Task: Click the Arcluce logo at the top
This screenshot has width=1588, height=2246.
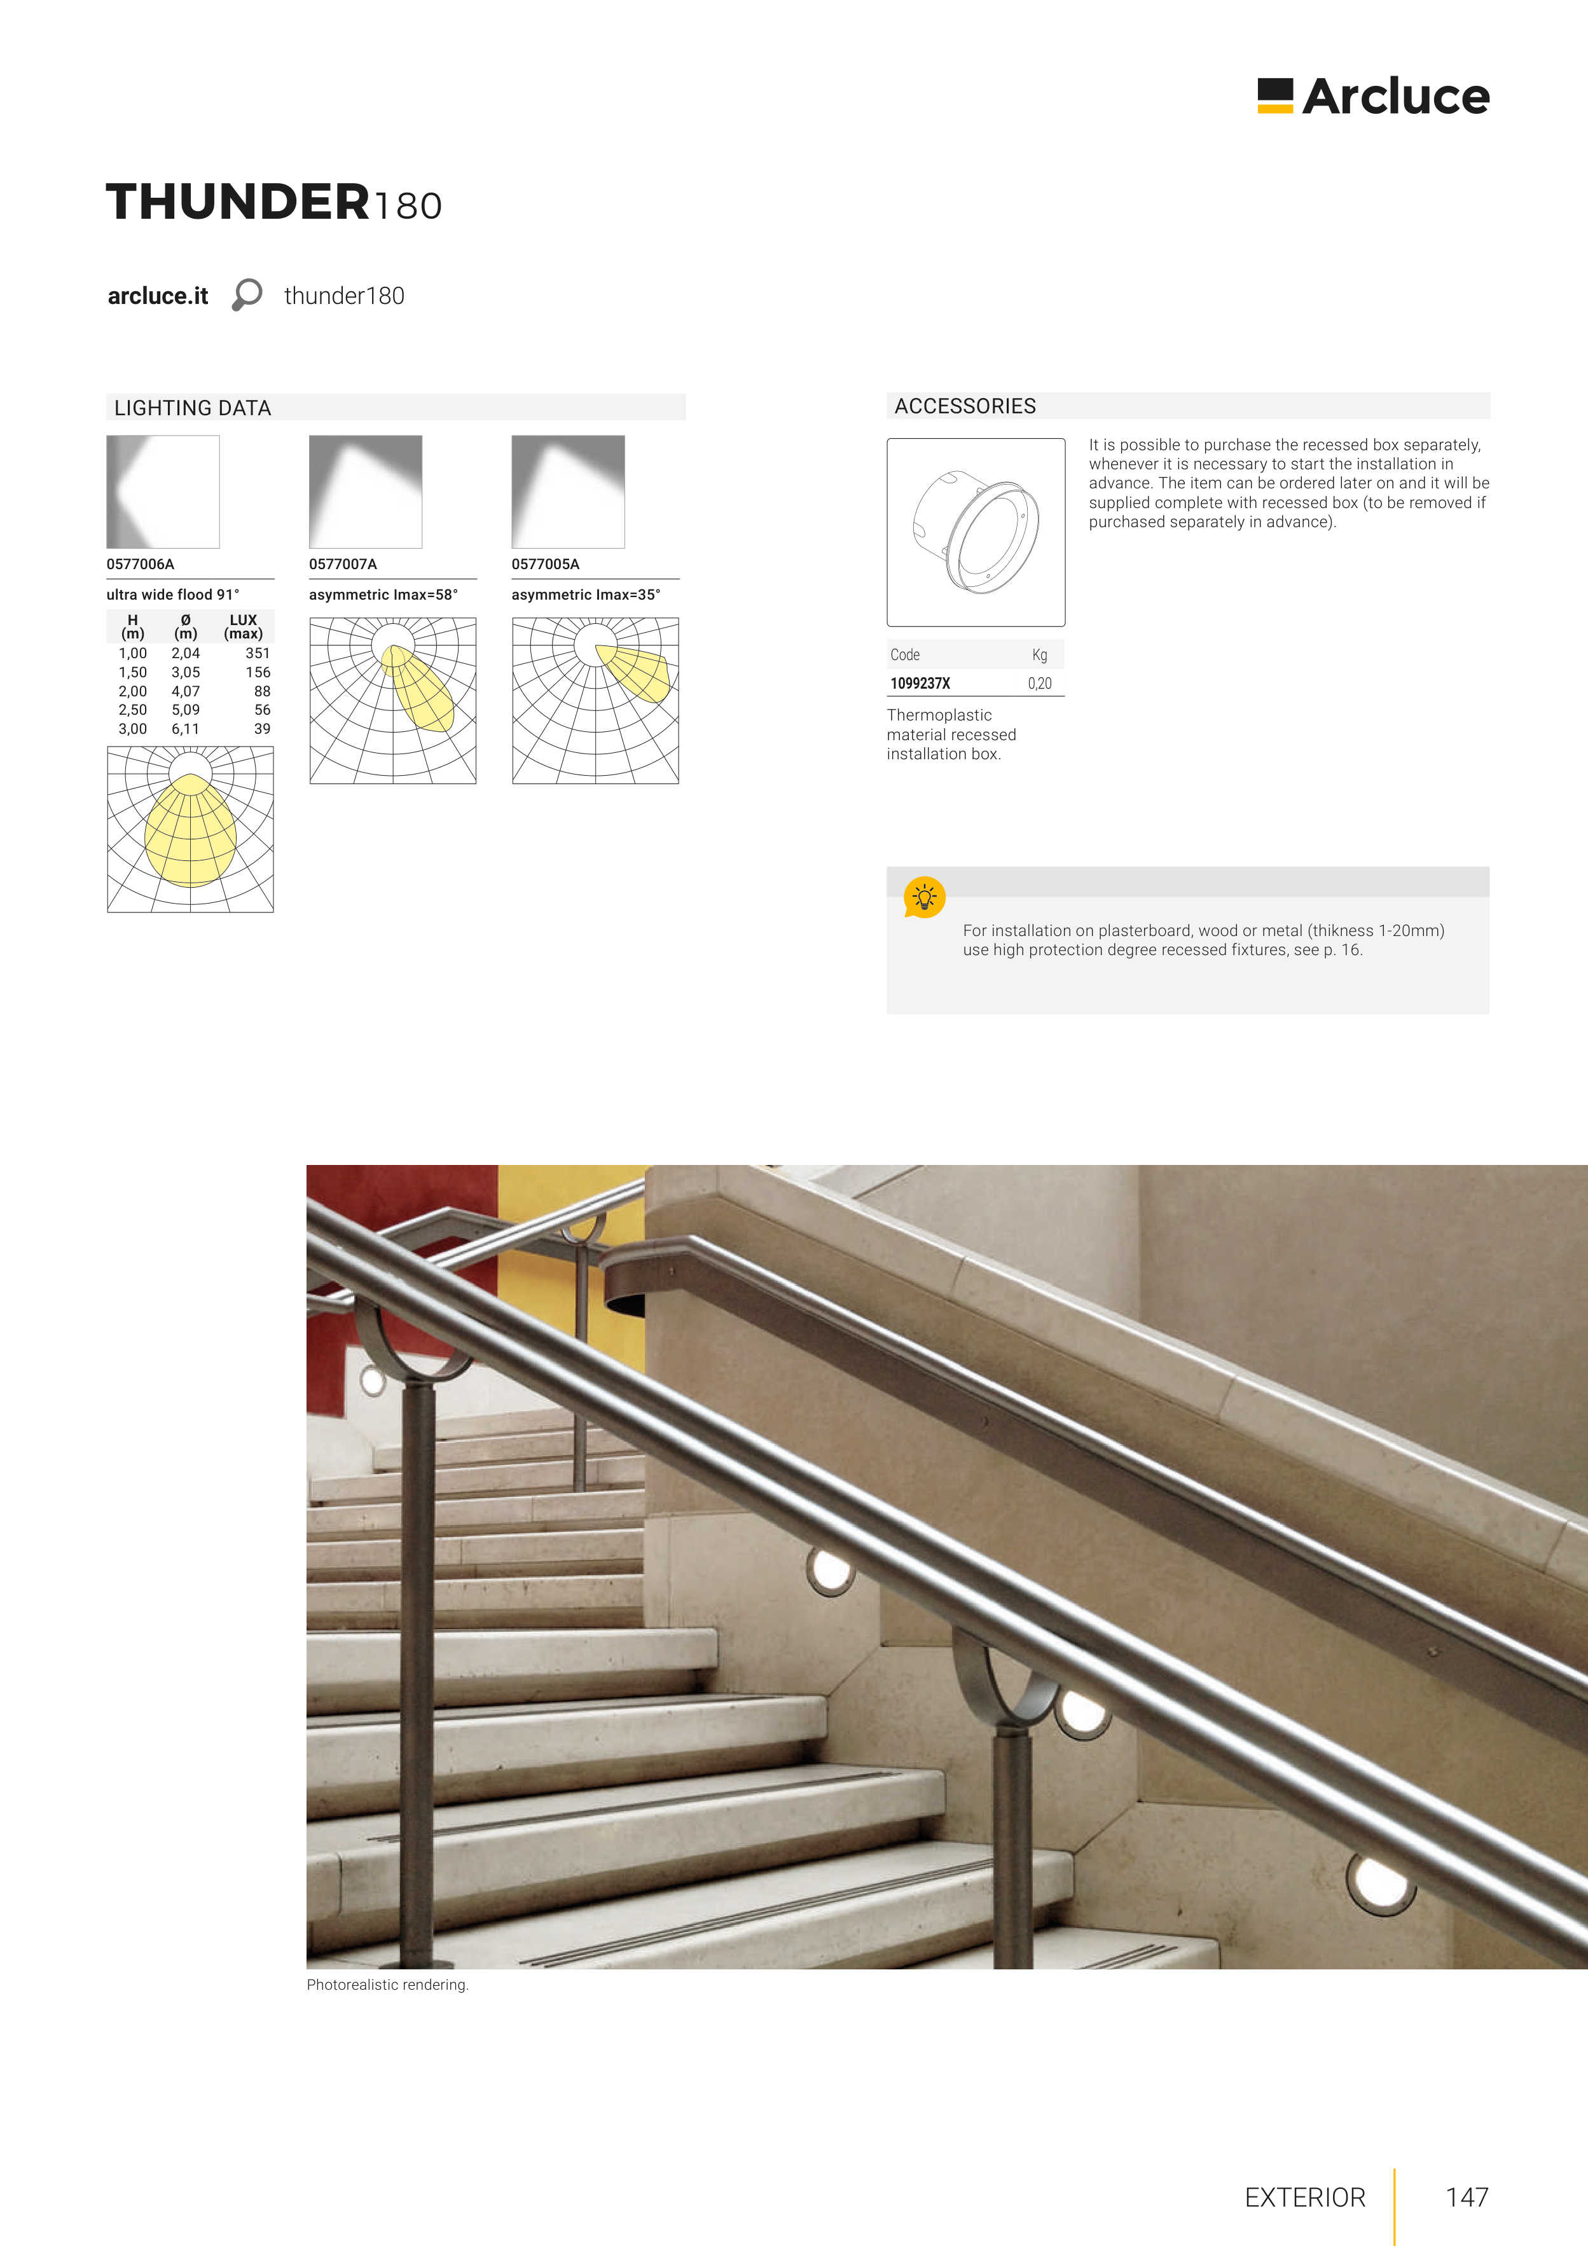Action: point(1373,96)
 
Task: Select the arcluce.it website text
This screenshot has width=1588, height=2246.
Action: point(158,296)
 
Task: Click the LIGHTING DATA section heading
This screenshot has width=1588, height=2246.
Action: point(193,408)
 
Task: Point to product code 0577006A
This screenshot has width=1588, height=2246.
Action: point(140,565)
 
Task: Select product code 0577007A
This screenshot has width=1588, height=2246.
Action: point(342,565)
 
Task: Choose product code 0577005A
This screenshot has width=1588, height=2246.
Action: point(545,565)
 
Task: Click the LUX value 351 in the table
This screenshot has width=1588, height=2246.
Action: point(258,654)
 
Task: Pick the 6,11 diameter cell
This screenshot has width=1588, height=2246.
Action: point(185,729)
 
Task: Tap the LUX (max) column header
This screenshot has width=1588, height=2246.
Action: point(243,627)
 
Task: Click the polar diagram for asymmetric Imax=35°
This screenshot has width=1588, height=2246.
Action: point(595,700)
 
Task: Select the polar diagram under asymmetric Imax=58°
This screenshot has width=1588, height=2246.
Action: point(392,700)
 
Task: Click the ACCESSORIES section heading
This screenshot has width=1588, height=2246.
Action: point(965,406)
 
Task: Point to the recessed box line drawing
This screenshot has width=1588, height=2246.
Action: point(976,532)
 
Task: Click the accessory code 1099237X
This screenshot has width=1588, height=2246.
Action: point(920,684)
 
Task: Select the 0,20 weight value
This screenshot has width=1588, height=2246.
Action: point(1039,684)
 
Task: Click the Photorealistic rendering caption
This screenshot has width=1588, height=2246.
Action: point(387,1985)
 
